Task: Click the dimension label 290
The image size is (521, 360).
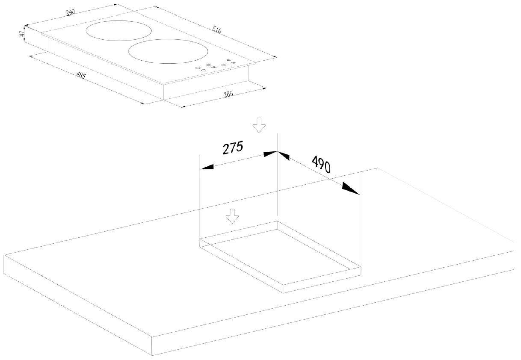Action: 70,12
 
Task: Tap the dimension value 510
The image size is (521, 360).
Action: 217,30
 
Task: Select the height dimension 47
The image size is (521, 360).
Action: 22,34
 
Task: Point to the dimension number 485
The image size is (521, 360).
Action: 81,75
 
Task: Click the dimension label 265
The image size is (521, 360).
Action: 228,94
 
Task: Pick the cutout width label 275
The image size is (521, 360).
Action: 233,148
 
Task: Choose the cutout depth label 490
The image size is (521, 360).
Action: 321,164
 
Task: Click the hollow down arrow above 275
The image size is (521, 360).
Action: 259,125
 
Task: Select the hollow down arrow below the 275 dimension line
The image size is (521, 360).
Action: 232,216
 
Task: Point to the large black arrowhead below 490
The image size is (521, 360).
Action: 351,189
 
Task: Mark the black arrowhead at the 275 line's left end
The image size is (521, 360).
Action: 207,167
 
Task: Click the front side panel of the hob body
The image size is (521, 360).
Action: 206,90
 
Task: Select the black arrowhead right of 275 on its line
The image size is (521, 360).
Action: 270,154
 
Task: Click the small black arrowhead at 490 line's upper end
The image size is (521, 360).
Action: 283,156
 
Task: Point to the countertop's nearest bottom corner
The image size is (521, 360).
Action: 151,356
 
